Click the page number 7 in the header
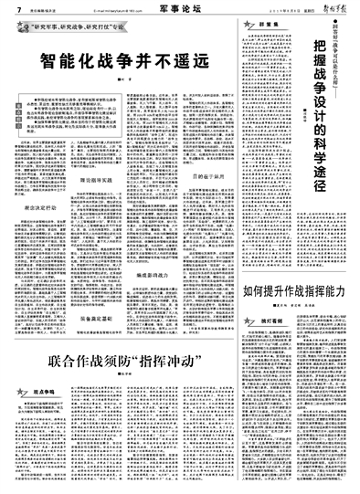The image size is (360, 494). click(x=6, y=8)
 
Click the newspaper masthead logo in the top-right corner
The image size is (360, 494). click(x=333, y=7)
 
